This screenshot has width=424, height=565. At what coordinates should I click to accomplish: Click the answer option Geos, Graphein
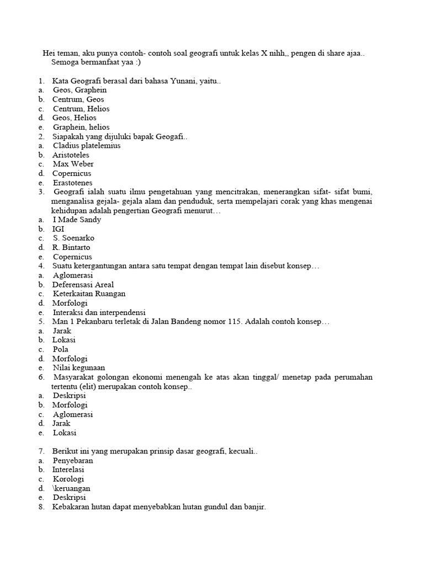79,90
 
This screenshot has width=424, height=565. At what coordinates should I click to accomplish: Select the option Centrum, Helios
81,109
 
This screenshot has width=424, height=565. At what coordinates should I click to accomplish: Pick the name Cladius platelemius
87,146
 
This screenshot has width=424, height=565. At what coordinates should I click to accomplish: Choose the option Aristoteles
71,155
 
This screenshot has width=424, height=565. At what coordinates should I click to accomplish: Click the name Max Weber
73,164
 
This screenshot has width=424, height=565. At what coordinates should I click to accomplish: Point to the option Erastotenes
73,183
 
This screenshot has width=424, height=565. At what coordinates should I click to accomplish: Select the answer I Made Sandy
77,220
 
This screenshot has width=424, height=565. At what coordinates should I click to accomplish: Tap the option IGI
59,229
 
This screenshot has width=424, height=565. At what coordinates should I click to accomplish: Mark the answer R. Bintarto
71,248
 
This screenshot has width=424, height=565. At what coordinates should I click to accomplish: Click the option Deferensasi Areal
83,285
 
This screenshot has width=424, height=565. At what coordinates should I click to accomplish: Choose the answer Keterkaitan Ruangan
89,294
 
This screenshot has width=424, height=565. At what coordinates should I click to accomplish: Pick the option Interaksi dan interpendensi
99,312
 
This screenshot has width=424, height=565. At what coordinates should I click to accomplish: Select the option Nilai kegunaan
79,368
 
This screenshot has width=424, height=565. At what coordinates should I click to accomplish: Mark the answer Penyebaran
73,460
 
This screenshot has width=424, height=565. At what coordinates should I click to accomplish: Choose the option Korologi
68,479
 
